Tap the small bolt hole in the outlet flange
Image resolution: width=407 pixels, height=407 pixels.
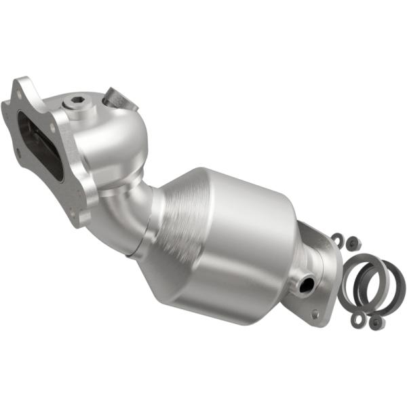click(315, 313)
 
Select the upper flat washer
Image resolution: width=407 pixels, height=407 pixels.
click(336, 237)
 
